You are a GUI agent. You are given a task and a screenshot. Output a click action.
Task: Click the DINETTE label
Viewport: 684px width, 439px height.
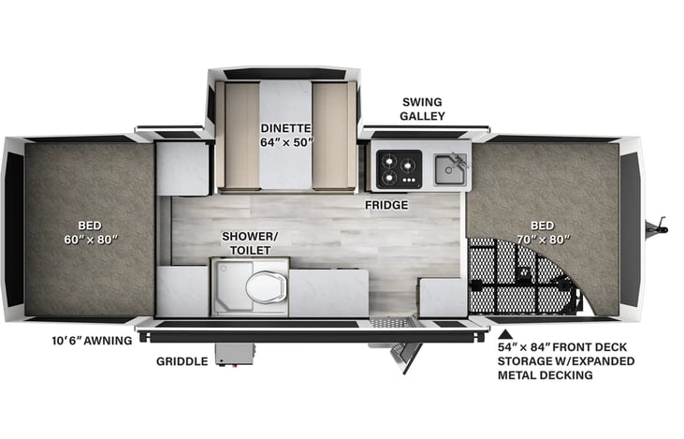click(285, 127)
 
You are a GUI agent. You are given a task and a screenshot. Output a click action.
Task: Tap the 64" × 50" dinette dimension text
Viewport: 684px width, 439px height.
click(285, 143)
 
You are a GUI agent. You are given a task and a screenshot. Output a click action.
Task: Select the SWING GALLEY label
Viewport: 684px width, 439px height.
click(423, 109)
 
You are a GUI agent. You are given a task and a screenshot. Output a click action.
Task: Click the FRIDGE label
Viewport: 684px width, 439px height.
click(386, 204)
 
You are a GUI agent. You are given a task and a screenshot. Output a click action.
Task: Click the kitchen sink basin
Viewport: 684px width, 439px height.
click(447, 169)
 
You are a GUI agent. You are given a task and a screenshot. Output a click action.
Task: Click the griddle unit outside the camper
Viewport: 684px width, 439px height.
click(234, 353)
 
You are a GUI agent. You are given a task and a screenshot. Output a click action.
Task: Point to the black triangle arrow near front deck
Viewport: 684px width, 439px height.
click(506, 332)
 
